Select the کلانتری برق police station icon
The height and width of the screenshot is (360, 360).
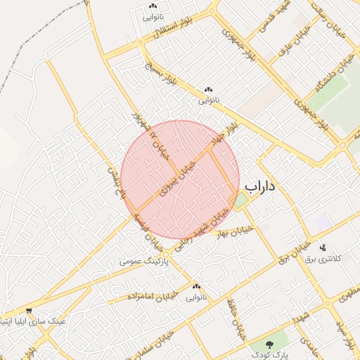pyautogui.click(x=323, y=247)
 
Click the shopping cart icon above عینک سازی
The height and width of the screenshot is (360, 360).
pyautogui.click(x=28, y=311)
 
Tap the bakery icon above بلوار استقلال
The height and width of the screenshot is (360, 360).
pyautogui.click(x=153, y=6)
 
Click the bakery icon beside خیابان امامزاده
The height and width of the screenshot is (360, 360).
pyautogui.click(x=196, y=287)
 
